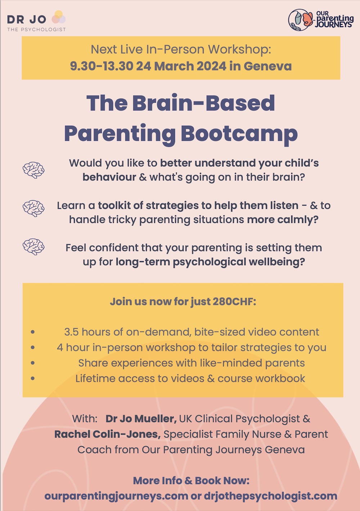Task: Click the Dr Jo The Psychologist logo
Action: (x=36, y=21)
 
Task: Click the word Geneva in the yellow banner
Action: (x=268, y=66)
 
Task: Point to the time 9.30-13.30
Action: (x=102, y=66)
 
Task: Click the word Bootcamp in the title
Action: (x=239, y=134)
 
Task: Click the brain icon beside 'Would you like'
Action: (x=33, y=170)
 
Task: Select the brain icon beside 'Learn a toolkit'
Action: (x=33, y=208)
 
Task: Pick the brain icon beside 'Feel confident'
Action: (x=33, y=247)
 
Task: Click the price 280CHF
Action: (x=234, y=301)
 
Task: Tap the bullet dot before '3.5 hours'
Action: (x=33, y=332)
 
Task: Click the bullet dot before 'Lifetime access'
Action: (x=33, y=378)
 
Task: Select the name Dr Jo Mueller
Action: (x=141, y=418)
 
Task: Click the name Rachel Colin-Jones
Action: (x=108, y=434)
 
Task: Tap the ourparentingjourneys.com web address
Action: (x=116, y=496)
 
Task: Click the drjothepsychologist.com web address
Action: (x=270, y=496)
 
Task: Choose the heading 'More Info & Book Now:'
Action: (x=191, y=481)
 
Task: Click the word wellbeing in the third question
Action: (x=277, y=262)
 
